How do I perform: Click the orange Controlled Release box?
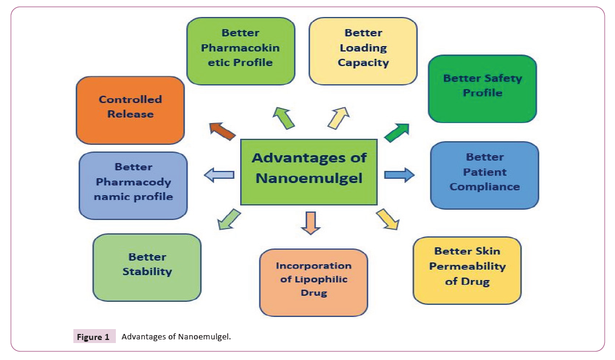(x=130, y=110)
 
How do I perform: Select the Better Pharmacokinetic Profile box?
(x=241, y=51)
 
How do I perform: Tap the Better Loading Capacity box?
(x=363, y=51)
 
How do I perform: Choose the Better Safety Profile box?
(x=482, y=88)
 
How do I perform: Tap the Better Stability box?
(x=147, y=267)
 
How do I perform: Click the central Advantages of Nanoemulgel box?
(x=309, y=172)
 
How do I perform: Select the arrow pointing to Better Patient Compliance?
(x=399, y=175)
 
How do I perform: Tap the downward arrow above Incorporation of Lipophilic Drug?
(x=310, y=222)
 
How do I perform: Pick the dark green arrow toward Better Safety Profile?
(x=397, y=132)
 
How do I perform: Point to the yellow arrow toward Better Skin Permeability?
(x=388, y=219)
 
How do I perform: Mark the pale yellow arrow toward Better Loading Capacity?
(x=339, y=118)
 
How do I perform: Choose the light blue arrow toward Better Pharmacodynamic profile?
(x=220, y=176)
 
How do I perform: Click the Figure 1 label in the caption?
(x=92, y=336)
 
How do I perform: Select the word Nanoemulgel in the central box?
(x=309, y=178)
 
